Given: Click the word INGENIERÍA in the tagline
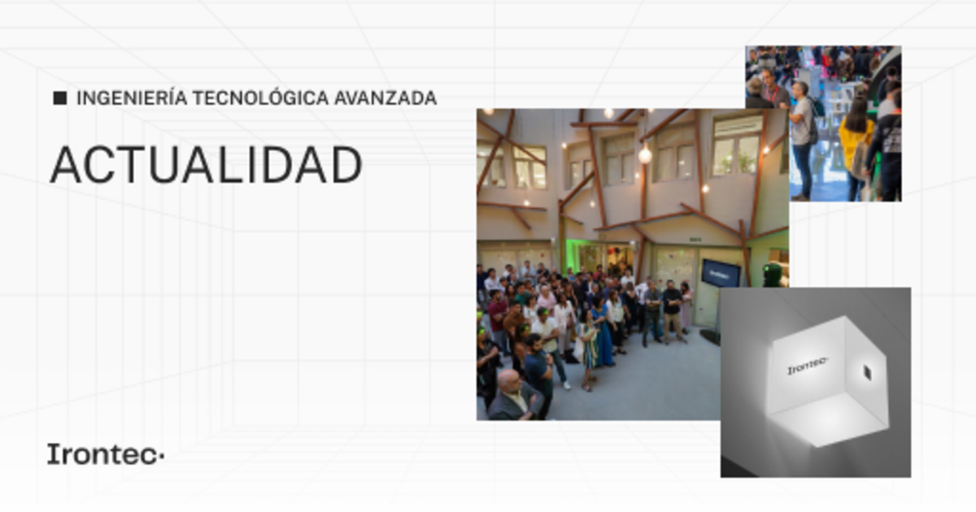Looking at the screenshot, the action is pos(132,98).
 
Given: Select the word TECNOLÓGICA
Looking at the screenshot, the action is pos(260,98).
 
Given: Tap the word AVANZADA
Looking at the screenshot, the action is pos(386,98).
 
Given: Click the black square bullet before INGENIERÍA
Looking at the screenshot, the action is pos(60,98).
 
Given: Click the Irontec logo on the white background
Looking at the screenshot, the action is pos(106,453).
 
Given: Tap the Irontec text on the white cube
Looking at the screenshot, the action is pos(807,366).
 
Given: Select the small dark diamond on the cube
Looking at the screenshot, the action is pos(867,373).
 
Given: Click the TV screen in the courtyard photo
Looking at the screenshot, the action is pos(721,273).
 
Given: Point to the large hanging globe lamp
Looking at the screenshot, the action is pos(645,154).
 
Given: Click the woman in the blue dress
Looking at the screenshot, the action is pos(603,334).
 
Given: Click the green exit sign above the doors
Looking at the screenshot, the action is pos(695,240).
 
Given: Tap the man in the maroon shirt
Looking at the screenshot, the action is pos(498,317).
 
